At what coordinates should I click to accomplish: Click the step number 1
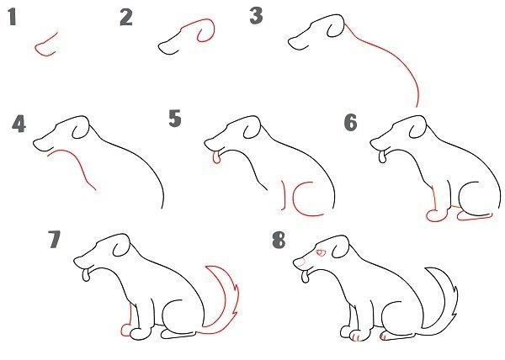pyautogui.click(x=13, y=17)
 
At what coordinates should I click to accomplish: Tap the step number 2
pyautogui.click(x=126, y=18)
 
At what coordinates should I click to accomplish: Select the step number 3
pyautogui.click(x=257, y=16)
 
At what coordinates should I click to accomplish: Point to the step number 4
pyautogui.click(x=19, y=124)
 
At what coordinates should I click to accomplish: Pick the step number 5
pyautogui.click(x=175, y=119)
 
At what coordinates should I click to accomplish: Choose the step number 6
pyautogui.click(x=351, y=122)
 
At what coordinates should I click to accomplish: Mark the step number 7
pyautogui.click(x=54, y=239)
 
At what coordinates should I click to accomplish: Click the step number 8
pyautogui.click(x=279, y=241)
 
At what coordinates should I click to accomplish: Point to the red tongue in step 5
pyautogui.click(x=217, y=156)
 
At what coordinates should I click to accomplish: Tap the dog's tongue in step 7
pyautogui.click(x=86, y=275)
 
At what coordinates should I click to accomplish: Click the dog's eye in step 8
pyautogui.click(x=321, y=253)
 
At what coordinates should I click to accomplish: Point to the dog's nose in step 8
pyautogui.click(x=299, y=262)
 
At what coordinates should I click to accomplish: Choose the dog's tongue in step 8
pyautogui.click(x=306, y=277)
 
